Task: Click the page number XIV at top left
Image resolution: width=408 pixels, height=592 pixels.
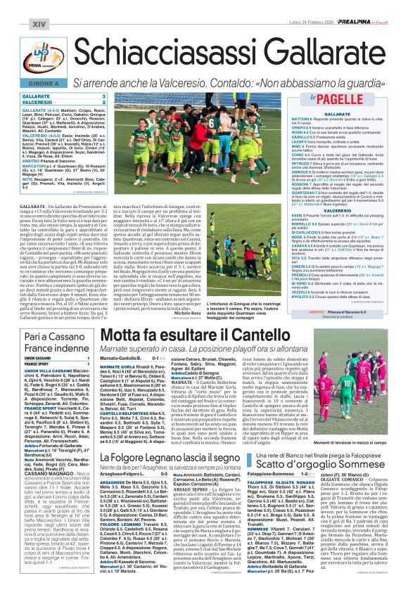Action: pyautogui.click(x=15, y=6)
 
